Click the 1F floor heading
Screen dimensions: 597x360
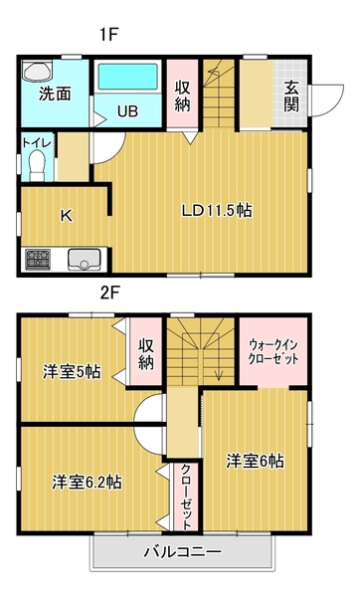[108, 34]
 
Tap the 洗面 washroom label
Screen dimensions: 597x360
[55, 95]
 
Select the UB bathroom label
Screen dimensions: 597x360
[128, 111]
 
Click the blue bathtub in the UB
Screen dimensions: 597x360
[127, 78]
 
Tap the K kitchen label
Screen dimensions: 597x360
[67, 215]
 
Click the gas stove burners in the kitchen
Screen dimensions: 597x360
[40, 260]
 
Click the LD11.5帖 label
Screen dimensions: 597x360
[216, 210]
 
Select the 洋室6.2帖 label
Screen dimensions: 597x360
[87, 482]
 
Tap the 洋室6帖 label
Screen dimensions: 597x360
[255, 461]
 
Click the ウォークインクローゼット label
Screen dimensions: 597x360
[273, 352]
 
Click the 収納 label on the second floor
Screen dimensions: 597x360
[146, 354]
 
